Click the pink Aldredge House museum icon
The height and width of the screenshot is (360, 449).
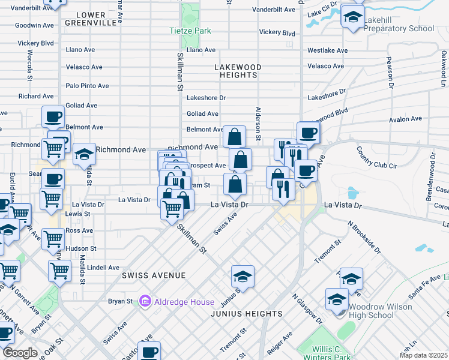pos(145,300)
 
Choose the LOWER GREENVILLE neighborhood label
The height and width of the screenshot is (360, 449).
pos(90,18)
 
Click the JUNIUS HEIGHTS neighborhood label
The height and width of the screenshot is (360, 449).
pos(246,314)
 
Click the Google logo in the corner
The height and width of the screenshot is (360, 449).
pos(20,353)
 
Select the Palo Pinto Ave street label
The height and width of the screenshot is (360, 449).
pos(89,86)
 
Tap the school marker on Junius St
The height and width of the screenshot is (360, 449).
pos(243,277)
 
